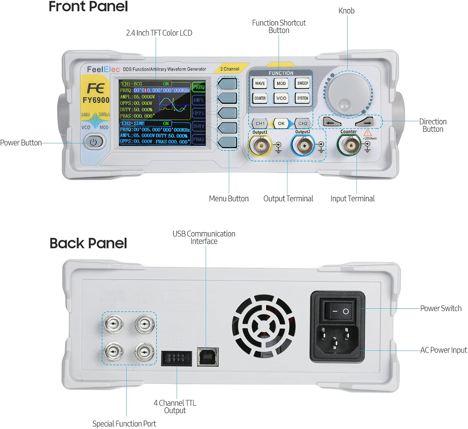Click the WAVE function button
pyautogui.click(x=260, y=83)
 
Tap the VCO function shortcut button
pyautogui.click(x=281, y=98)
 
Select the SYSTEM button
pyautogui.click(x=302, y=98)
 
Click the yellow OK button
pyautogui.click(x=281, y=123)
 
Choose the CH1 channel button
pyautogui.click(x=260, y=123)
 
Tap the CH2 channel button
pyautogui.click(x=303, y=123)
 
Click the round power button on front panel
pyautogui.click(x=93, y=142)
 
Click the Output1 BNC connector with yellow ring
pyautogui.click(x=260, y=145)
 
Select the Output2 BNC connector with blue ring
pyautogui.click(x=303, y=145)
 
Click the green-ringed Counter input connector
pyautogui.click(x=349, y=145)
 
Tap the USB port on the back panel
pyautogui.click(x=207, y=357)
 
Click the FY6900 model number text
pyautogui.click(x=96, y=100)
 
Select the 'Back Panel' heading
pyautogui.click(x=88, y=243)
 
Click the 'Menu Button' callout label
pyautogui.click(x=229, y=198)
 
